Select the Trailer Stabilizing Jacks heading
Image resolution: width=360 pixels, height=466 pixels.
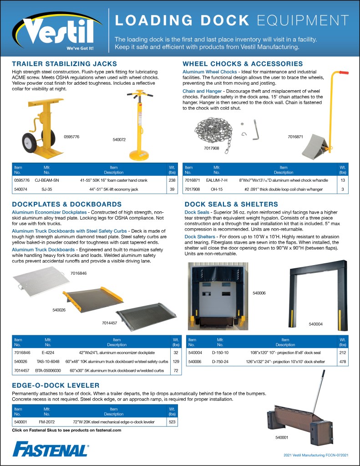pyautogui.click(x=65, y=64)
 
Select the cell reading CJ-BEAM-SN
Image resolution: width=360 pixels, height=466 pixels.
pyautogui.click(x=47, y=180)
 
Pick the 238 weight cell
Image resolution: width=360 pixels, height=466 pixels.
pyautogui.click(x=172, y=180)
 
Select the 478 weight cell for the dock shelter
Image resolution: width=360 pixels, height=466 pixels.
pyautogui.click(x=342, y=361)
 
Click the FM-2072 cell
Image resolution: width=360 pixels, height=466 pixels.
pyautogui.click(x=47, y=422)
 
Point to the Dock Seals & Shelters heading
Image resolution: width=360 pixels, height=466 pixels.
pyautogui.click(x=237, y=205)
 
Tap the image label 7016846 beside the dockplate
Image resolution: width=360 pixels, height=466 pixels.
pyautogui.click(x=78, y=273)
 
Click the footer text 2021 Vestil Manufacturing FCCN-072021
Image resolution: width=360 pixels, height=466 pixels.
pyautogui.click(x=316, y=455)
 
